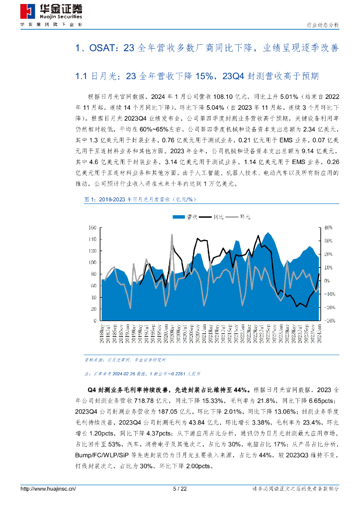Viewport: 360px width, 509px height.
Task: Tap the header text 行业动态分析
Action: coord(321,25)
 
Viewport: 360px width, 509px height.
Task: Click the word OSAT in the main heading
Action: coord(102,48)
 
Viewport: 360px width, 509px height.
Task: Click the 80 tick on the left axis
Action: coord(92,274)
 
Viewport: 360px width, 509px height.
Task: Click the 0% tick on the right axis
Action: coord(327,281)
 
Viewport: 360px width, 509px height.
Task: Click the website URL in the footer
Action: coord(48,489)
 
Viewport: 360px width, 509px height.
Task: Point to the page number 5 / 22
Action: coord(180,489)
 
